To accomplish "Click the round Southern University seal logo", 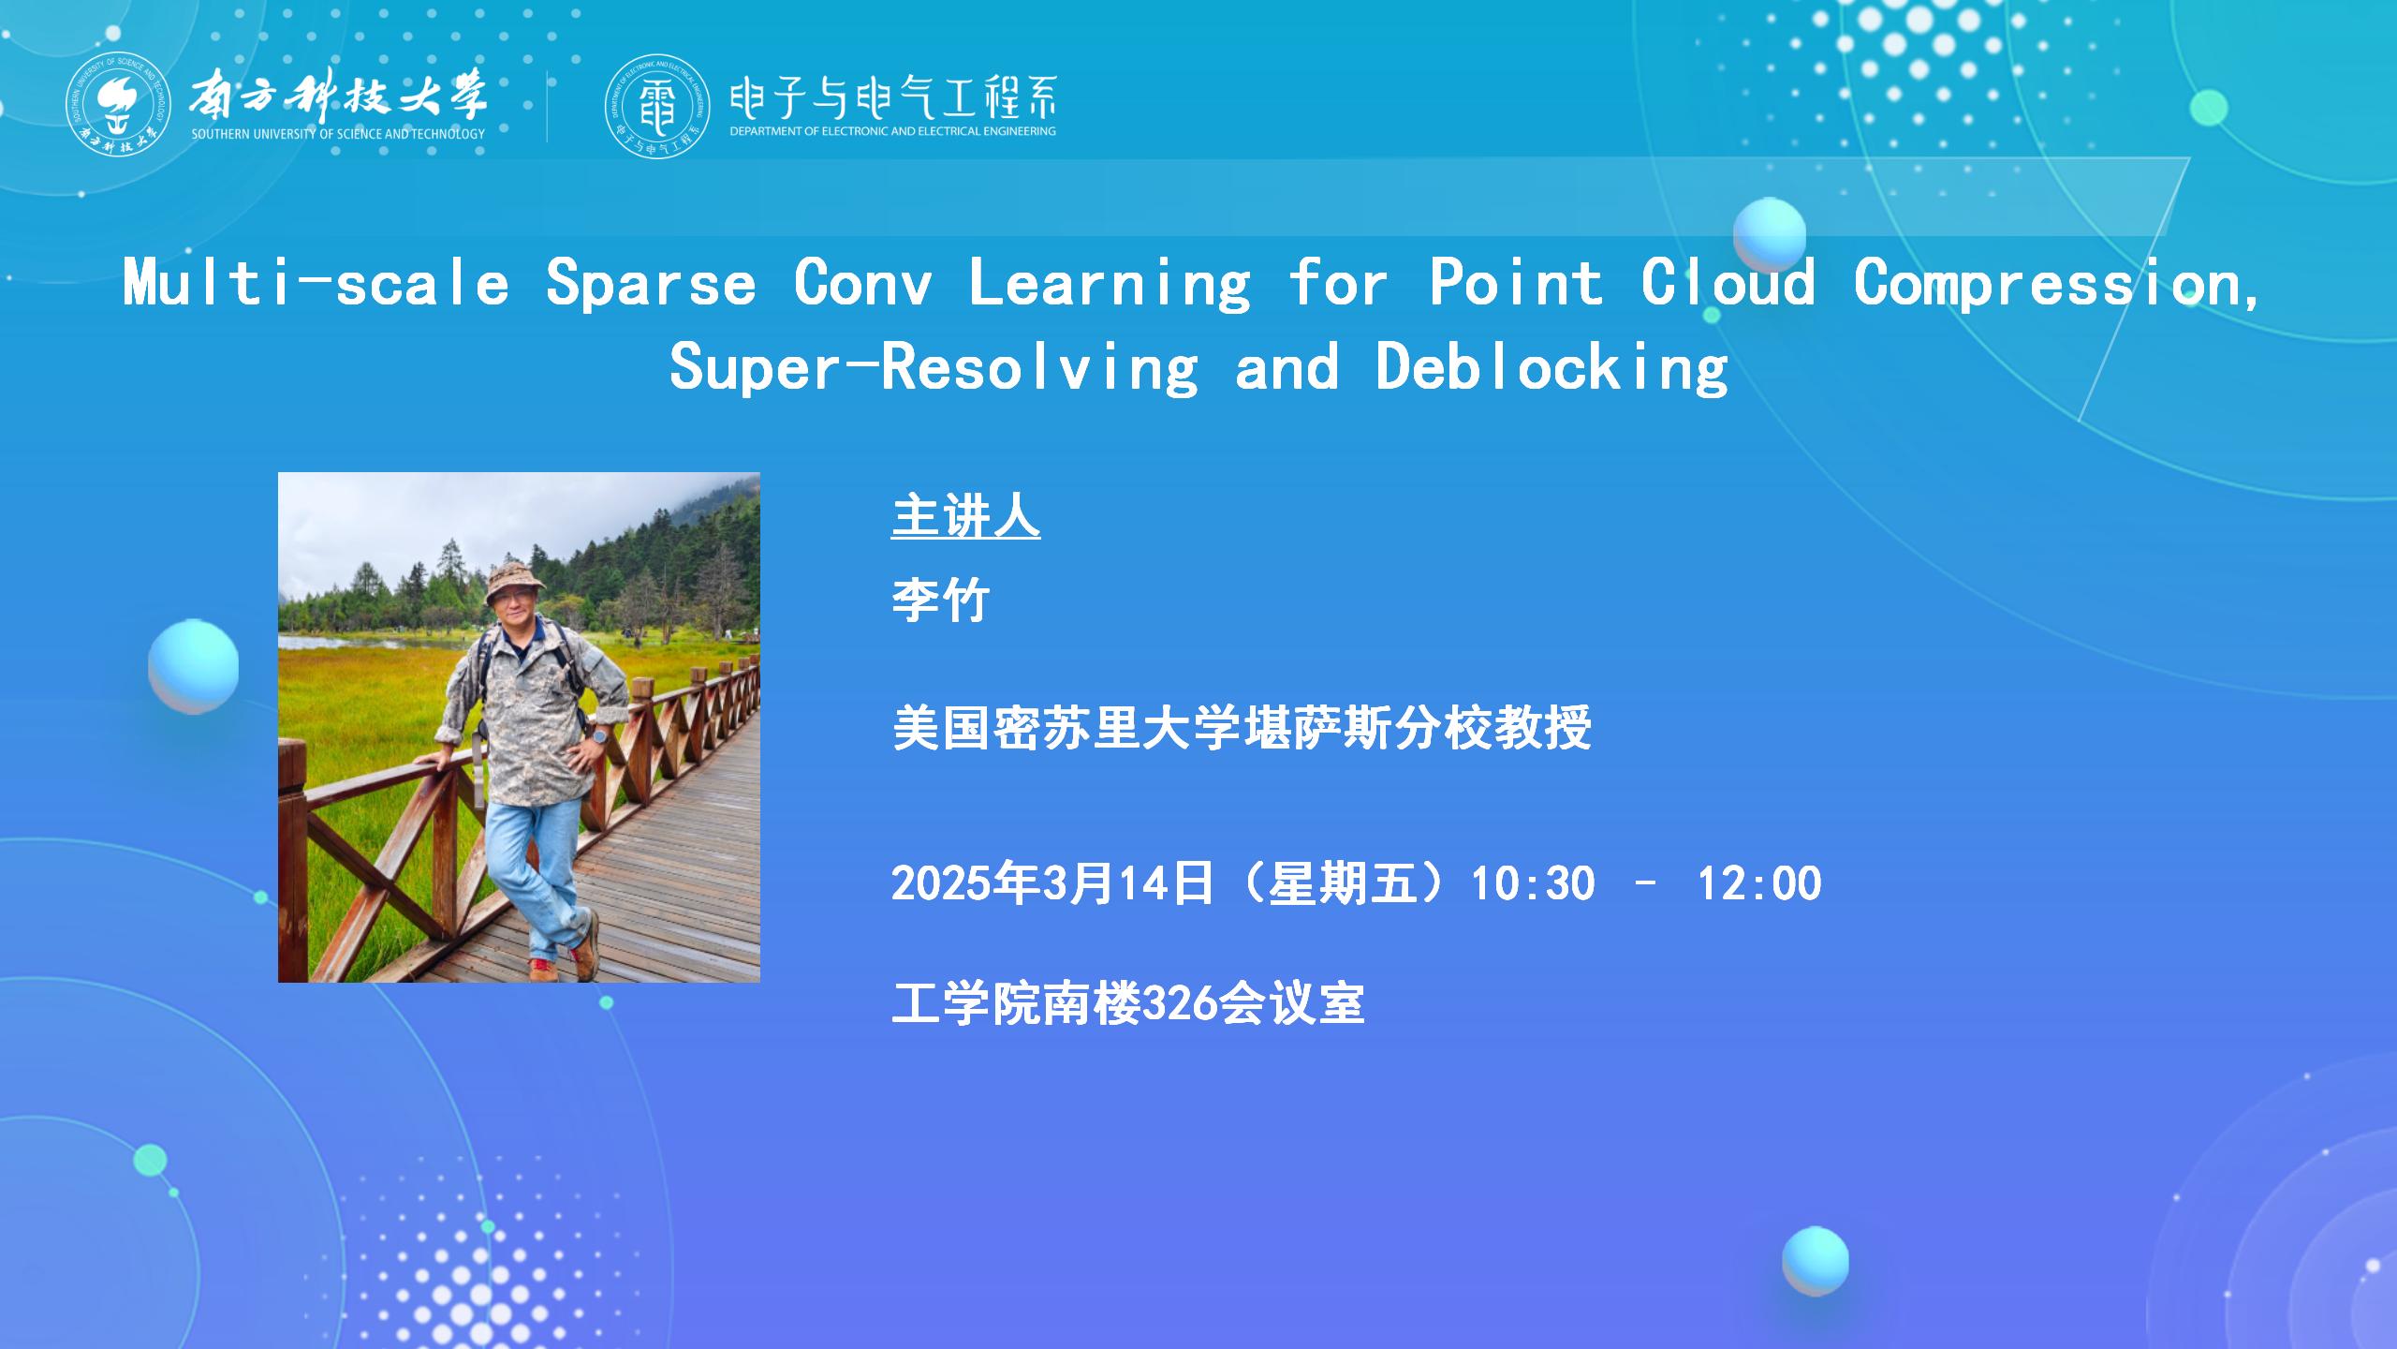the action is [x=118, y=105].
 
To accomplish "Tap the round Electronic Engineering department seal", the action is [x=657, y=105].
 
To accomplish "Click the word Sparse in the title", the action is [x=651, y=283].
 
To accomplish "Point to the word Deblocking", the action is [x=1551, y=367].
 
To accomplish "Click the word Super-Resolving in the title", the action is [x=934, y=367].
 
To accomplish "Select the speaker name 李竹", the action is [x=941, y=600].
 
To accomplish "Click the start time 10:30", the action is [x=1534, y=883].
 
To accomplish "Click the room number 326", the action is [x=1181, y=1004].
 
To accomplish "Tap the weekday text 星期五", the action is [x=1341, y=883].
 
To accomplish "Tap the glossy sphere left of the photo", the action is [x=193, y=666].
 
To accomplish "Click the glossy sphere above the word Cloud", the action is [x=1769, y=234].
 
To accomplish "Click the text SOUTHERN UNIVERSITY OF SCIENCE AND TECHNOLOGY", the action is [x=338, y=134].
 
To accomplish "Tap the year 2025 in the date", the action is [x=940, y=883].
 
